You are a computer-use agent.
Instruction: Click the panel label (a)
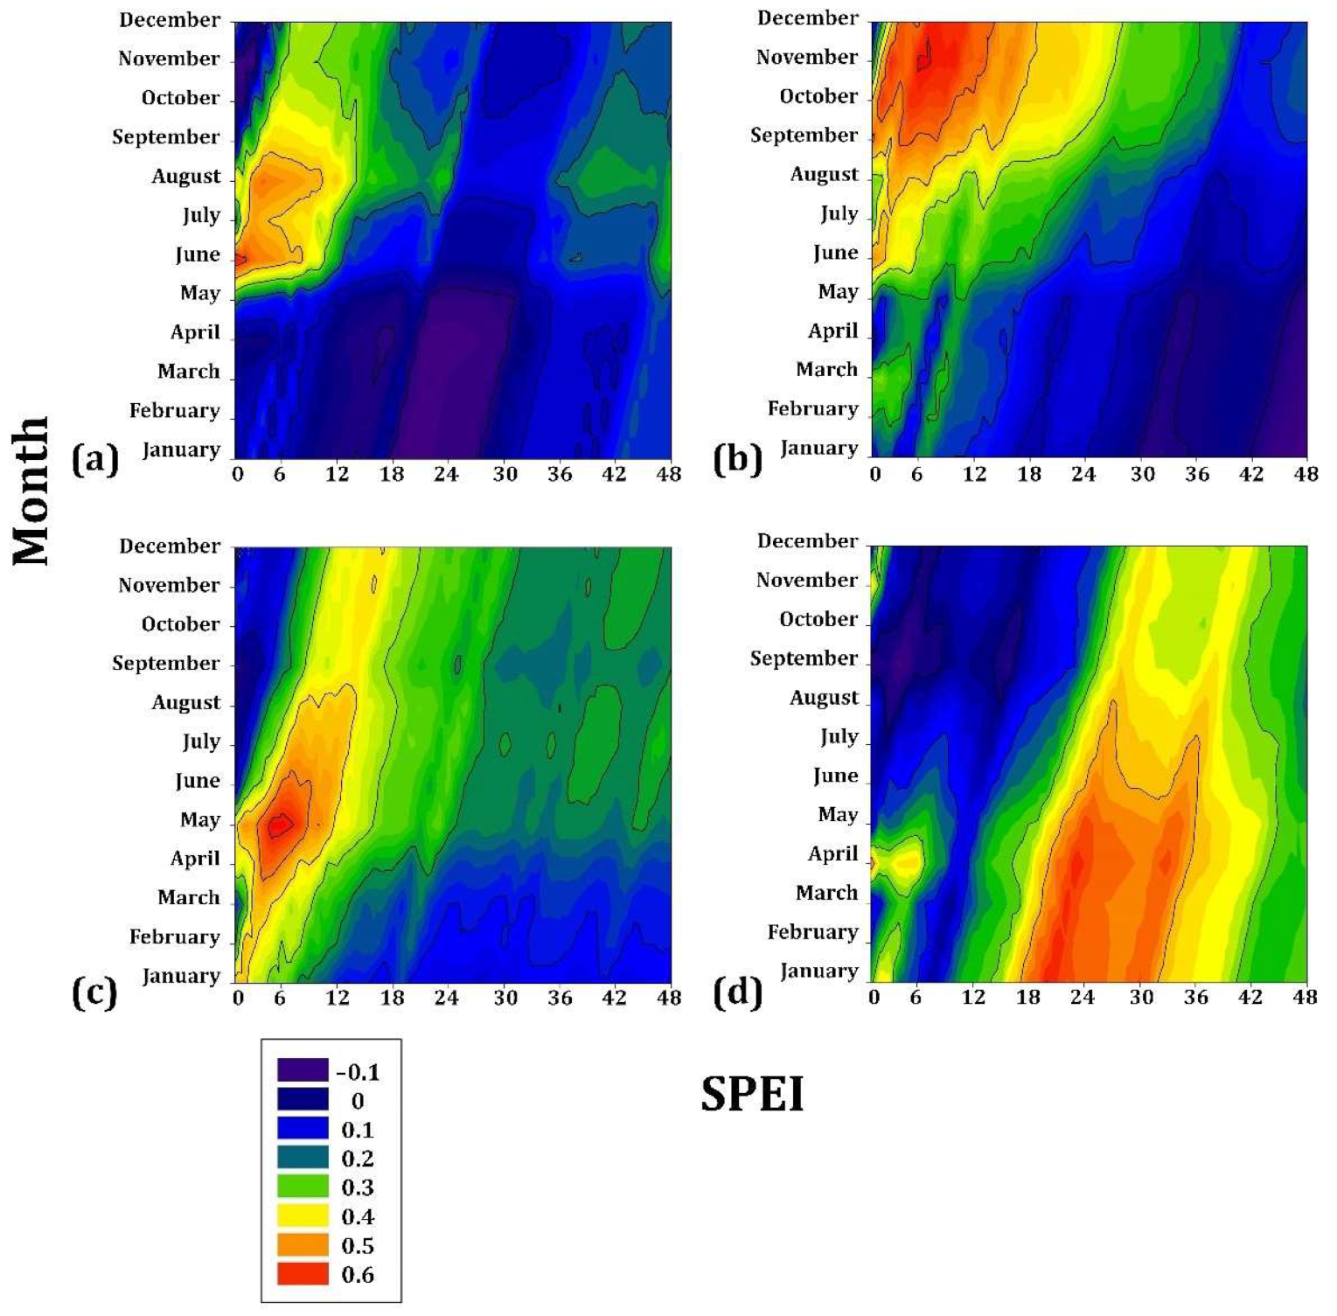click(94, 459)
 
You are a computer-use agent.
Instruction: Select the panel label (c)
click(94, 993)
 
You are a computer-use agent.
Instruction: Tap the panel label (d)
click(737, 993)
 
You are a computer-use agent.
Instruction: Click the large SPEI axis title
click(752, 1094)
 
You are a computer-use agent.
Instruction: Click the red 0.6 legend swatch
click(303, 1274)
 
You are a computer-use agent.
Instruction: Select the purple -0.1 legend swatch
click(303, 1070)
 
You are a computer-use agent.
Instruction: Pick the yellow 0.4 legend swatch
click(303, 1216)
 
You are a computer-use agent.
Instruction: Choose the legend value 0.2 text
click(358, 1159)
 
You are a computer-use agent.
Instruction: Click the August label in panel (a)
click(186, 177)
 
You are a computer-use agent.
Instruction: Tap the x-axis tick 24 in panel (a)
click(446, 474)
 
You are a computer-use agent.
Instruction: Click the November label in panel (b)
click(806, 58)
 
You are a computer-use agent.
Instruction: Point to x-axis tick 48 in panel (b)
click(1306, 474)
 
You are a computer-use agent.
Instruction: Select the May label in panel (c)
click(200, 820)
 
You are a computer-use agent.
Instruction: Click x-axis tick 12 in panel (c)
click(337, 998)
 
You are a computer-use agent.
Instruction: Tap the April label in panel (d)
click(832, 853)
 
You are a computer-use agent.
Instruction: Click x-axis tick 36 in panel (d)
click(1196, 998)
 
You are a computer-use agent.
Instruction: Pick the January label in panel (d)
click(818, 971)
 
